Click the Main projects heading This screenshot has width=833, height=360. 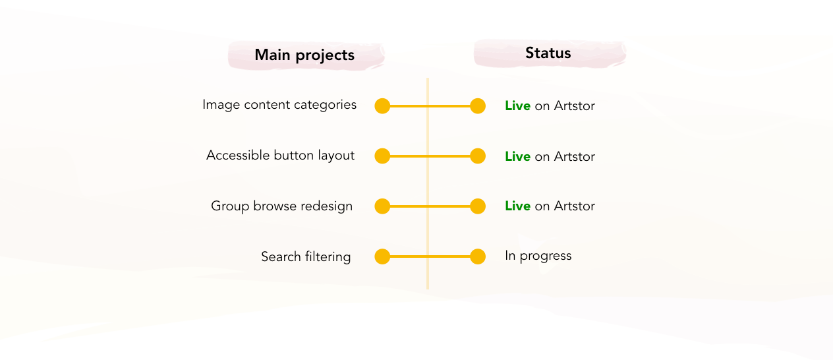[x=304, y=55]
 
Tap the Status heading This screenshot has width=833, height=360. [x=548, y=53]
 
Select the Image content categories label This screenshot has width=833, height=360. [x=279, y=105]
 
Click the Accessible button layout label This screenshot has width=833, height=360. [x=280, y=156]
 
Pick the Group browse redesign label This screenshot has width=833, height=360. [x=281, y=206]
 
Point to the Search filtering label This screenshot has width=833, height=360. [x=306, y=256]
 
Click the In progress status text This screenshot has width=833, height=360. [x=538, y=256]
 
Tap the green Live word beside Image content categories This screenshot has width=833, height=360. [x=517, y=105]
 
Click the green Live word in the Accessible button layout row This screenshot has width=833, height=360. [x=517, y=156]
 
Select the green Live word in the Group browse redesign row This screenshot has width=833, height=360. [x=517, y=206]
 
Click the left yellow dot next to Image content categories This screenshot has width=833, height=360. [x=382, y=106]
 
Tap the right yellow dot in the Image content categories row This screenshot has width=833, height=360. [x=478, y=106]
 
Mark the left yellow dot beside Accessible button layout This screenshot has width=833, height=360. [x=382, y=156]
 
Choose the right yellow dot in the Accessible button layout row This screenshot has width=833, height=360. [x=478, y=156]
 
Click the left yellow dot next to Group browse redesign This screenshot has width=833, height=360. [x=382, y=206]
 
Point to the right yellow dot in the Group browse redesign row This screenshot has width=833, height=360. [x=478, y=206]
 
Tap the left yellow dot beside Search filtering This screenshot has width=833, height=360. [x=382, y=256]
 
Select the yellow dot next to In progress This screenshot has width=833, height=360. [x=478, y=256]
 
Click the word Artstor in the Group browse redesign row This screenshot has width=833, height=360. [x=575, y=206]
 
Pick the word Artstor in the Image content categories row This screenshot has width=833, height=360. [x=575, y=105]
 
